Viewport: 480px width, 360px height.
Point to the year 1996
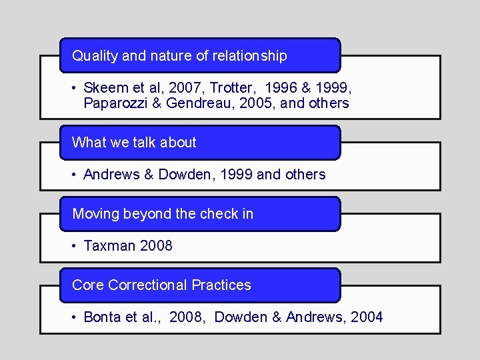tap(281, 87)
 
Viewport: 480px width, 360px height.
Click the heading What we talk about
tap(134, 142)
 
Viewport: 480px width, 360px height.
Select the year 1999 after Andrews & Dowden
tap(235, 174)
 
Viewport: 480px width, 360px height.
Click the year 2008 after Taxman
tap(155, 245)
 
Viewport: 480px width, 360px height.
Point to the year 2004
tap(366, 317)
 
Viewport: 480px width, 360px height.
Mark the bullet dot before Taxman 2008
tap(75, 246)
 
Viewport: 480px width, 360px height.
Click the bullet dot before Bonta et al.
tap(75, 317)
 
